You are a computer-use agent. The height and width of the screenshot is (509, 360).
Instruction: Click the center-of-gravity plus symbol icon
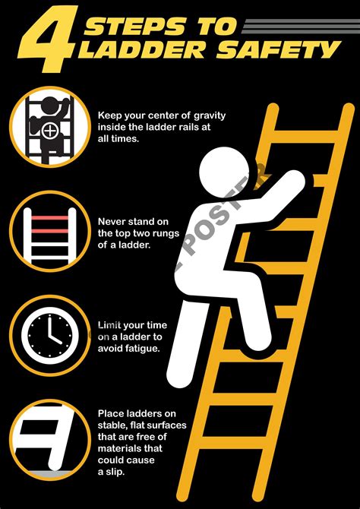pyautogui.click(x=51, y=130)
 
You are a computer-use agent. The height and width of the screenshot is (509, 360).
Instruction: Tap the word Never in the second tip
pyautogui.click(x=113, y=222)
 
